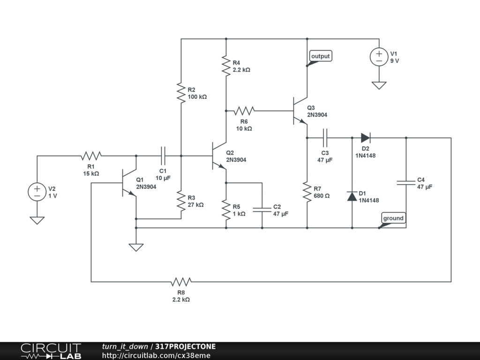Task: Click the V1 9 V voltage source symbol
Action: [x=379, y=57]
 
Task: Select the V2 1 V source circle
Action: [x=37, y=192]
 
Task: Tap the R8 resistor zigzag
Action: [x=181, y=282]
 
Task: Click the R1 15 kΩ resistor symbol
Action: [x=91, y=156]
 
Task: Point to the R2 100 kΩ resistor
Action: [x=181, y=93]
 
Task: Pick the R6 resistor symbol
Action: [x=244, y=111]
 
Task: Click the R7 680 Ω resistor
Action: [x=307, y=192]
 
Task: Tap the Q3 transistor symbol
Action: [x=300, y=111]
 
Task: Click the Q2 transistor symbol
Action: [x=219, y=156]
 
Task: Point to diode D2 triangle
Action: [x=366, y=138]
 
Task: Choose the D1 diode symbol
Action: [x=352, y=196]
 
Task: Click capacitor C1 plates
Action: [x=163, y=156]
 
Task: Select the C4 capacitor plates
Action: [x=406, y=183]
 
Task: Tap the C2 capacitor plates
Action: [x=262, y=210]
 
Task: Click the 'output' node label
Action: [x=321, y=56]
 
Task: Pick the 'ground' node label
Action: [x=393, y=218]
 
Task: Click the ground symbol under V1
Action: [x=379, y=85]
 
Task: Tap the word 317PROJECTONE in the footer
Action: [x=186, y=346]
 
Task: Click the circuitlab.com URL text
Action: [x=156, y=355]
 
